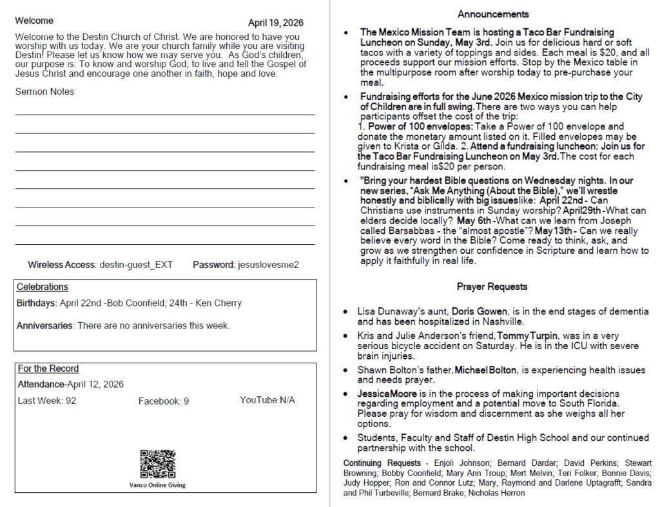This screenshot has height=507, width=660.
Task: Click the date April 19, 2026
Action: (275, 23)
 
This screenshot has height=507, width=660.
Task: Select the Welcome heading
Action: (34, 21)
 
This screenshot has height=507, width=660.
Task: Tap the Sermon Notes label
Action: (44, 91)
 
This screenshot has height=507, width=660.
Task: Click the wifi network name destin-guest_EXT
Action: (136, 265)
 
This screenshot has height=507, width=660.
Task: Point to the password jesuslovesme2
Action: (268, 265)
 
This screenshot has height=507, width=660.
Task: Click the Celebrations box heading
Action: (42, 287)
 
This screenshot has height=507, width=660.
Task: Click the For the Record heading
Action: (48, 368)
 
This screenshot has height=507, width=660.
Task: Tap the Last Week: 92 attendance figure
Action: (46, 401)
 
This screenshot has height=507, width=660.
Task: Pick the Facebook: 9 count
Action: (164, 401)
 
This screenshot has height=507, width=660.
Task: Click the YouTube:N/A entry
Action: (267, 401)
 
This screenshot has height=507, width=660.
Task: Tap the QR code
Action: (157, 464)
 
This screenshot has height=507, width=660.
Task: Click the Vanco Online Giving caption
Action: (157, 485)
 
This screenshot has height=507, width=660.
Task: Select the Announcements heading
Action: (493, 14)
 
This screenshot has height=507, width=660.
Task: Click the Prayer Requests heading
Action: (492, 287)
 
